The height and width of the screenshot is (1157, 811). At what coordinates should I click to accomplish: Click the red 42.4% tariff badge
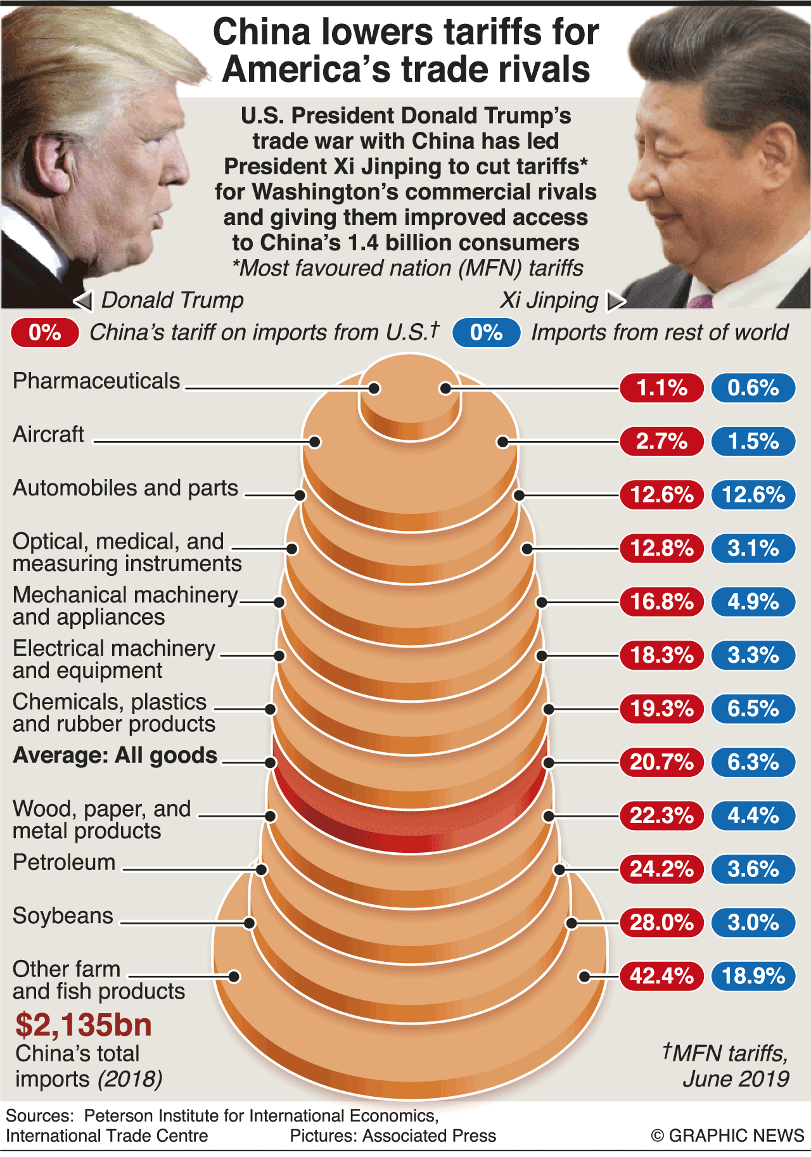661,976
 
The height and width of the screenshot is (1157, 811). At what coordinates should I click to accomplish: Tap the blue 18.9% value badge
753,976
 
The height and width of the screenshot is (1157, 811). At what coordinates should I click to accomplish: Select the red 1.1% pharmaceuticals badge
661,388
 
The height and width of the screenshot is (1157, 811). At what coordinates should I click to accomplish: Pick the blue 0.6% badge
753,388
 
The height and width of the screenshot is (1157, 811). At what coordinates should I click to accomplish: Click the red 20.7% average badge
661,762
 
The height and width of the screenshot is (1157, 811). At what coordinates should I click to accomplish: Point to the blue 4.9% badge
753,601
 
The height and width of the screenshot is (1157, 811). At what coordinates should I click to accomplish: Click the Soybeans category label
63,916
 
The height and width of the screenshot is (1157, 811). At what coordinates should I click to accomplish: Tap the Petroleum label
64,863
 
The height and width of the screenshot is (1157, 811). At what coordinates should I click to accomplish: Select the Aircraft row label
48,435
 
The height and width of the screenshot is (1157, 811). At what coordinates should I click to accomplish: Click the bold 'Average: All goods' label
115,755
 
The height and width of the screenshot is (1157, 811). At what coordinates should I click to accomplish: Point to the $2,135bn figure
84,1025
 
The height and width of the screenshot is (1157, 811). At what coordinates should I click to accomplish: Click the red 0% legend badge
44,333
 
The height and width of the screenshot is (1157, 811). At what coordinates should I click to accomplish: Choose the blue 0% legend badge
486,333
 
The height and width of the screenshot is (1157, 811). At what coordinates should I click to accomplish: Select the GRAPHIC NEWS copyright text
727,1135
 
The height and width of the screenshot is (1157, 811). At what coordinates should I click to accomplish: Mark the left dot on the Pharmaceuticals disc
374,388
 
